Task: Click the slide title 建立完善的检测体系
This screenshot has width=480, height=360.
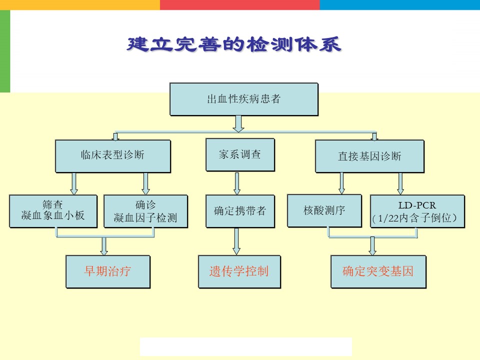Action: coord(234,44)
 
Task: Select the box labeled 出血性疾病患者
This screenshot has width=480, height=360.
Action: coord(244,99)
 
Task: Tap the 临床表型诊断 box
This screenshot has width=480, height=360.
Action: coord(113,156)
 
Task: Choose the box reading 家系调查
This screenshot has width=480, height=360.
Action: coord(240,154)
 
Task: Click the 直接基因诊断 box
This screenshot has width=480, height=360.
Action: coord(370,156)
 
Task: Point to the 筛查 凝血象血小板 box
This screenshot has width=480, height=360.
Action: coord(53,211)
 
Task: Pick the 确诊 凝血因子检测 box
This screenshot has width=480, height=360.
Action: coord(145,211)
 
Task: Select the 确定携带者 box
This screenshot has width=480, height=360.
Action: coord(240,211)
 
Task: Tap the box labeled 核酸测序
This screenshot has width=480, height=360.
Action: coord(324,211)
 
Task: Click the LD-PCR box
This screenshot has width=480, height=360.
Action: coord(417,211)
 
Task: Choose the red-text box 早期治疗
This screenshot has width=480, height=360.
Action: coord(108,272)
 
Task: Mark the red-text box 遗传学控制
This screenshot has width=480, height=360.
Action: coord(239,272)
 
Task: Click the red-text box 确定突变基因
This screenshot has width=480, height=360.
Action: coord(378,272)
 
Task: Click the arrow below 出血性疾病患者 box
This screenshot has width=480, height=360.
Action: coord(238,124)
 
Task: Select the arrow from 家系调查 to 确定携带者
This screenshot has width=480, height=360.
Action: coord(237,183)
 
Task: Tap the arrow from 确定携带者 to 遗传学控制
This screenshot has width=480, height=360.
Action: coord(236,241)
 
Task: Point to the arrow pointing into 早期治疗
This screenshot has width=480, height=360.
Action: coord(104,246)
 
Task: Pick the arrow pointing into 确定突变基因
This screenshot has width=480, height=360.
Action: coord(372,246)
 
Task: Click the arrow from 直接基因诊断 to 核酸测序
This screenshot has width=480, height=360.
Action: coord(341,183)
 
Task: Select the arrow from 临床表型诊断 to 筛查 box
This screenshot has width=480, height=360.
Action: coord(74,183)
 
